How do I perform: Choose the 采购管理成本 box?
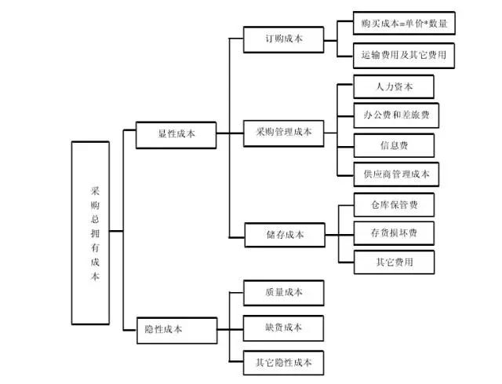[283, 132]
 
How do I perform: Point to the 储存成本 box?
[283, 234]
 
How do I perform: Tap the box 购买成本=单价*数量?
[404, 24]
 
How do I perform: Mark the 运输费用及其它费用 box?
[404, 55]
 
